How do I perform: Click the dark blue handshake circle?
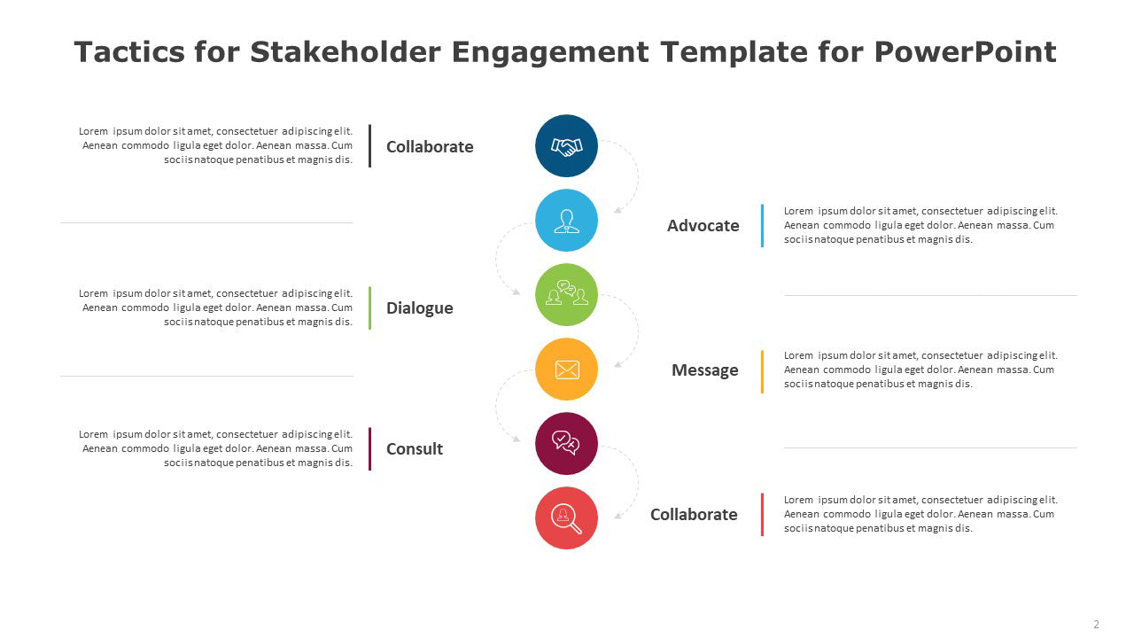566,146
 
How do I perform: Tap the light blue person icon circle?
566,221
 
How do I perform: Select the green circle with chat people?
566,295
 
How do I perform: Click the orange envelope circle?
566,370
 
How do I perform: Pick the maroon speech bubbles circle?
566,444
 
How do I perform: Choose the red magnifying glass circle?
566,518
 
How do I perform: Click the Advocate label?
703,225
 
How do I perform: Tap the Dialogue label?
419,308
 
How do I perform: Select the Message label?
704,370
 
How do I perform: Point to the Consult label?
414,448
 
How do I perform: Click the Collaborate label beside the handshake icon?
430,147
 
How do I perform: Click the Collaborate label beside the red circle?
694,515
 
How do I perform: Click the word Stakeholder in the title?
346,51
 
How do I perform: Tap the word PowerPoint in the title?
965,51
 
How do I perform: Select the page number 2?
1096,625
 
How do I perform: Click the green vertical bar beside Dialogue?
369,307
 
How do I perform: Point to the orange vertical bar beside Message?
762,371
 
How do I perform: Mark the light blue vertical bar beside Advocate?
762,225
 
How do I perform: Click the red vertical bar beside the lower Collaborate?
762,515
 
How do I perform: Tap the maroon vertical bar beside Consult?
369,448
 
